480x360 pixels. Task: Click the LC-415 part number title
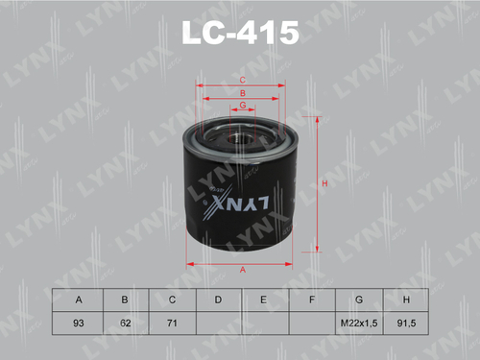[241, 36]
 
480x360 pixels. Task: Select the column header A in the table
[77, 301]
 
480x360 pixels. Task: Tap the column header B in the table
[124, 301]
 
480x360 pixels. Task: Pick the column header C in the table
[171, 301]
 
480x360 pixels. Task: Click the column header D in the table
[218, 301]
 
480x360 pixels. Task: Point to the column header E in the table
[265, 301]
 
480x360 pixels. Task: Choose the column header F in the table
[312, 301]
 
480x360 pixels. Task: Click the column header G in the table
[358, 301]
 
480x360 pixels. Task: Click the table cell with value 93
[77, 324]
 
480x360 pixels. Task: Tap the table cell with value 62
[124, 324]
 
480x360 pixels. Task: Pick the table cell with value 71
[171, 324]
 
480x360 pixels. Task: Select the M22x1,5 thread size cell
[358, 324]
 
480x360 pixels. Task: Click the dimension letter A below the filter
[243, 270]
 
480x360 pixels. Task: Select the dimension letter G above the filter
[243, 104]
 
